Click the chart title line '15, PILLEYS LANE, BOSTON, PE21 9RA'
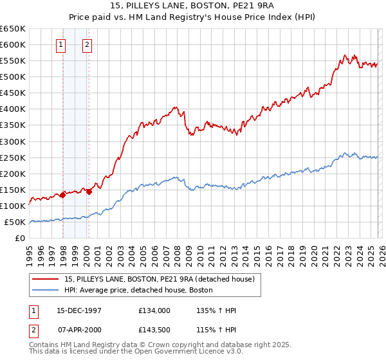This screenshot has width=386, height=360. click(x=193, y=8)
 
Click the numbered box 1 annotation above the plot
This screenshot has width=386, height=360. click(x=61, y=45)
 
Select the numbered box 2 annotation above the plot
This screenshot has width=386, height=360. click(x=87, y=45)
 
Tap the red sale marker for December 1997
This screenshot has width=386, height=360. click(x=62, y=195)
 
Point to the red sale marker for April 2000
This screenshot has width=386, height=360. click(x=89, y=191)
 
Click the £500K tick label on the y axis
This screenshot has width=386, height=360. click(x=14, y=77)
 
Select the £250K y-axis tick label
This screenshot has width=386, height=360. click(x=14, y=157)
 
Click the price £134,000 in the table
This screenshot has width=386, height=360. click(x=154, y=310)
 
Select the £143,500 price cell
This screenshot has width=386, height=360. click(x=154, y=330)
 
